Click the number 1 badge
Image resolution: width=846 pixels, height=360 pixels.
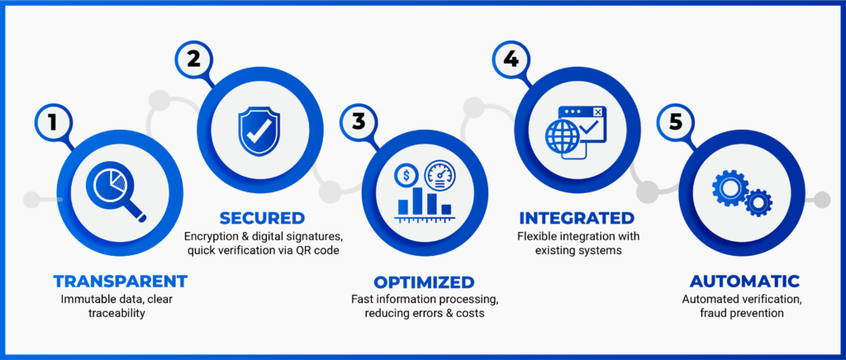pos(52,122)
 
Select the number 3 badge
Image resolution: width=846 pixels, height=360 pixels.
pos(359,122)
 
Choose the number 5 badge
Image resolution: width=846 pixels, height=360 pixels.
pos(675,122)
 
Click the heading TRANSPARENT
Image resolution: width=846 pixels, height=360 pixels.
pos(121,282)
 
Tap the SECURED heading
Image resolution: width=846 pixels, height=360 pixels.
pos(262,218)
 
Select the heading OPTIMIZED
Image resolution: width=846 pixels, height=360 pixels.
pos(424,282)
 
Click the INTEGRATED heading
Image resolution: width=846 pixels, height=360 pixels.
pos(577,218)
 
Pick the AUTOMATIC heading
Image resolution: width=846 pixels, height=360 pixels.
pos(744,282)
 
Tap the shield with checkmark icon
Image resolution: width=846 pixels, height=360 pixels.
pos(259,131)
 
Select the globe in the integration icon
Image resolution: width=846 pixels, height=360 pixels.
pos(561,135)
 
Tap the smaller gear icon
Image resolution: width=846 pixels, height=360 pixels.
pos(758,202)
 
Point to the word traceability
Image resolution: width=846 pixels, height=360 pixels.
pos(118,314)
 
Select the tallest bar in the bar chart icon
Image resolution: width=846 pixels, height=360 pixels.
pos(417,201)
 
